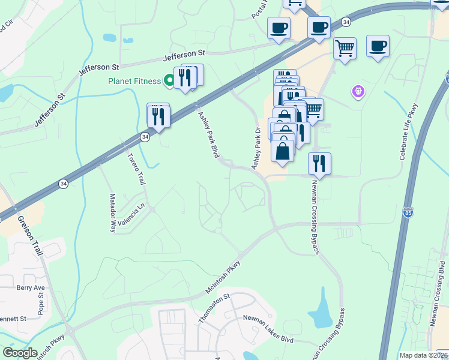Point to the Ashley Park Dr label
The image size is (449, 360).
(257, 148)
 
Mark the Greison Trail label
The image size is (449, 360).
(30, 236)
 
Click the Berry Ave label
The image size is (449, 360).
(31, 287)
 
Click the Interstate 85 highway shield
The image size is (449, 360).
(408, 213)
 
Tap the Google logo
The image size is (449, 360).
(20, 353)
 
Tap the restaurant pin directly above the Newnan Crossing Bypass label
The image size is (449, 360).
(319, 164)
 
